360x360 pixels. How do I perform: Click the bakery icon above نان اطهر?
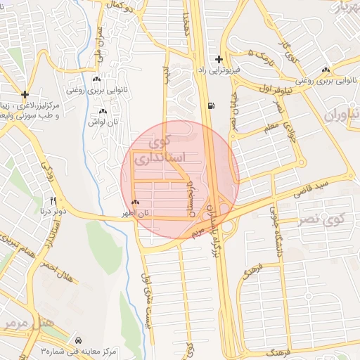[x=134, y=203]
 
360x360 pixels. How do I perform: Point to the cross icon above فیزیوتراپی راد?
[x=219, y=60]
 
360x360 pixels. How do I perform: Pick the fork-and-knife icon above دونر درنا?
[x=53, y=201]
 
